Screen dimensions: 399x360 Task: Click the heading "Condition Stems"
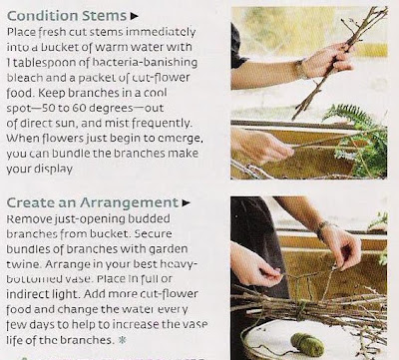tap(67, 16)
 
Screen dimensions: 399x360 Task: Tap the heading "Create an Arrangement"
tap(93, 202)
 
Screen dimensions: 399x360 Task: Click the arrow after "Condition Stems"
tap(134, 16)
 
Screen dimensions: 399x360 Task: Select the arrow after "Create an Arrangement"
tap(187, 202)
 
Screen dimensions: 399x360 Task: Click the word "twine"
tap(23, 264)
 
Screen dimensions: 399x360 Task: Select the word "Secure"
tap(153, 233)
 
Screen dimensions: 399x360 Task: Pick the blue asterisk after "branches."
tap(123, 340)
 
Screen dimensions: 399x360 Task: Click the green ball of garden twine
tap(307, 344)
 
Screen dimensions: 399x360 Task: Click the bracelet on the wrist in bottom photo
tap(322, 230)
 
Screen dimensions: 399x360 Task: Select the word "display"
tap(54, 169)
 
